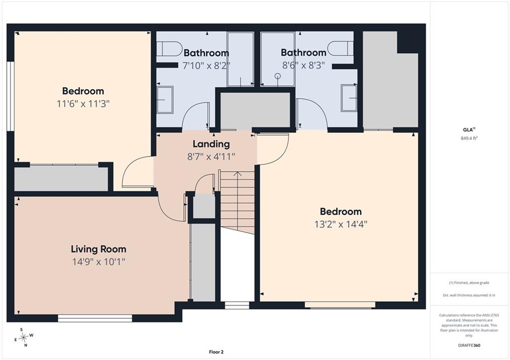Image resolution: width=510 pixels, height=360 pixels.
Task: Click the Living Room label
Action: click(99, 249)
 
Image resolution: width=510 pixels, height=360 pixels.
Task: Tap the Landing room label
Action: click(211, 144)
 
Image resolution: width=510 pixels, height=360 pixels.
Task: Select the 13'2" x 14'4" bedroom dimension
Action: click(341, 224)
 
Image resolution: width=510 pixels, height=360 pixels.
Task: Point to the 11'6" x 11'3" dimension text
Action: click(83, 104)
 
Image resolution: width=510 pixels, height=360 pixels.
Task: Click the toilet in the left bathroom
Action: click(169, 49)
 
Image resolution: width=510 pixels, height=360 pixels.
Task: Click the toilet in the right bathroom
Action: click(340, 48)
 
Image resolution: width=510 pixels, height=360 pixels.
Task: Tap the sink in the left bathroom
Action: click(165, 100)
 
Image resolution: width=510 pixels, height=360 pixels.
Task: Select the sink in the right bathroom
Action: click(349, 98)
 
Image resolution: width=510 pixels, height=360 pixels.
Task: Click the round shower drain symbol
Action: click(277, 76)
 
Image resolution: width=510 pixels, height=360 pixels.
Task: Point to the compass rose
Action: click(23, 338)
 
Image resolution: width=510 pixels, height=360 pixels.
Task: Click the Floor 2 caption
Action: click(216, 352)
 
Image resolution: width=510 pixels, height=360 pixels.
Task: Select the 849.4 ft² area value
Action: click(469, 138)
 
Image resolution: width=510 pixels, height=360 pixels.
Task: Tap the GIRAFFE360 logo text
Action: click(469, 346)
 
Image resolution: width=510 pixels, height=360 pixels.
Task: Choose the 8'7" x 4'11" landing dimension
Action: click(211, 157)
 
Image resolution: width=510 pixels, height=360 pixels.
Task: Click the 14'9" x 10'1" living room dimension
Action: click(99, 261)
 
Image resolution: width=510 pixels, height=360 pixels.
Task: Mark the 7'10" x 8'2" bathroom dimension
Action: click(206, 65)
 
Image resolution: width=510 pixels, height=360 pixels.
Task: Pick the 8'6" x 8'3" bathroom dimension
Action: click(303, 65)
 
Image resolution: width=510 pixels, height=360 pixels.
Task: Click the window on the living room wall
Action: click(95, 318)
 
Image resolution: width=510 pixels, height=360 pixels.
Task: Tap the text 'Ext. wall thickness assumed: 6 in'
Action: click(469, 295)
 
